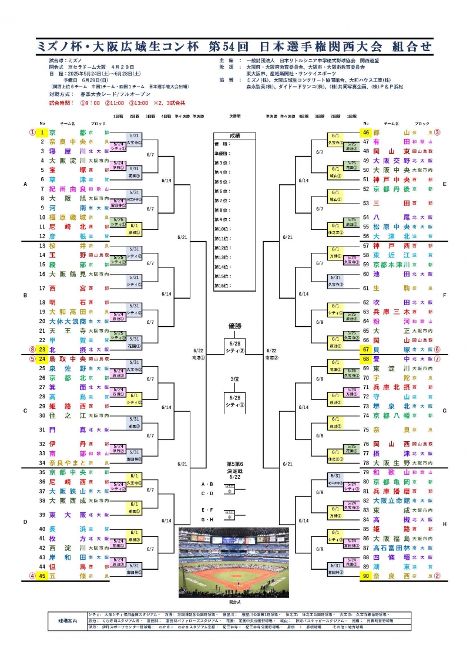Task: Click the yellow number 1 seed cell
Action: tap(42, 133)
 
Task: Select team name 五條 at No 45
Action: tap(68, 576)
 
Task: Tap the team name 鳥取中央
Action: tap(68, 359)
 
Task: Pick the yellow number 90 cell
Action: tap(365, 576)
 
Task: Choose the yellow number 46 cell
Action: tap(365, 133)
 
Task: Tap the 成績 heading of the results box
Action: tap(234, 136)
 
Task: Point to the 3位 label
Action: tap(234, 379)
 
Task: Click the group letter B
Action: tap(25, 296)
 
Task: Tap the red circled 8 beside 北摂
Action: tap(32, 349)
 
